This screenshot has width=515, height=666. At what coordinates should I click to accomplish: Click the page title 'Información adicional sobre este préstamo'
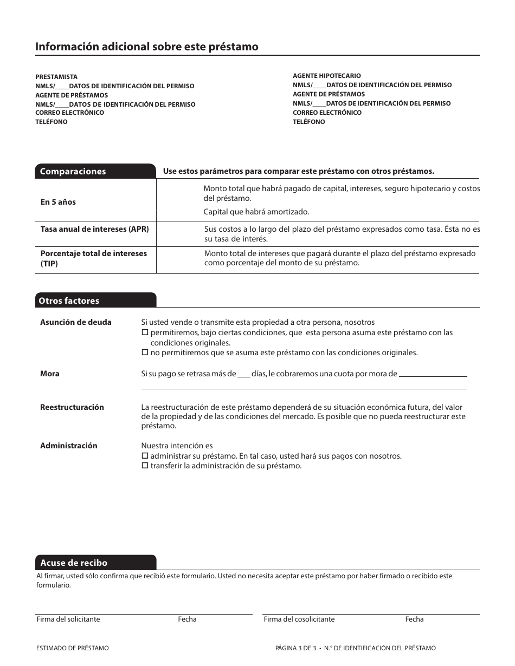pyautogui.click(x=146, y=47)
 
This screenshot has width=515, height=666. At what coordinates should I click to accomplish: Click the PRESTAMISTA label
pyautogui.click(x=56, y=77)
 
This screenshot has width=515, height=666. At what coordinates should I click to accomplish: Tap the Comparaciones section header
pyautogui.click(x=73, y=172)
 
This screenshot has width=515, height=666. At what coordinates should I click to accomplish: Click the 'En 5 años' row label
pyautogui.click(x=58, y=202)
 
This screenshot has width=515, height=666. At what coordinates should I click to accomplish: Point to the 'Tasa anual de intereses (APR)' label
pyautogui.click(x=94, y=229)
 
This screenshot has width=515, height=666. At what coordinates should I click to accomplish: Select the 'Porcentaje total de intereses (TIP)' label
pyautogui.click(x=93, y=258)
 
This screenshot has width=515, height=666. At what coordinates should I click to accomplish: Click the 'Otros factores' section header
pyautogui.click(x=69, y=301)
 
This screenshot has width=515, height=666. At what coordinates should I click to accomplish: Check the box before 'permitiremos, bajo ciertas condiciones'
pyautogui.click(x=145, y=332)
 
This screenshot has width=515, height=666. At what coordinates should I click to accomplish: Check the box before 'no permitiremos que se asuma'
pyautogui.click(x=145, y=352)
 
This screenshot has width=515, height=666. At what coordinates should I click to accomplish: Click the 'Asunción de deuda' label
pyautogui.click(x=75, y=322)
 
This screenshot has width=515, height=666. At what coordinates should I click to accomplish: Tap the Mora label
pyautogui.click(x=50, y=374)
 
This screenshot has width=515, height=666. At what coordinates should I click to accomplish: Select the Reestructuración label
pyautogui.click(x=72, y=407)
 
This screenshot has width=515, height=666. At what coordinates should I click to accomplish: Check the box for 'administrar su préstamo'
pyautogui.click(x=145, y=456)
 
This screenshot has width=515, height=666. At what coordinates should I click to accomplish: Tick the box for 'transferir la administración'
pyautogui.click(x=145, y=466)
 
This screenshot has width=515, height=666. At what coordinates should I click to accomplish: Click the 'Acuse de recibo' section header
pyautogui.click(x=74, y=563)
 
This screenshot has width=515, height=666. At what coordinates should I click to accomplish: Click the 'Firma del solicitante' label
pyautogui.click(x=68, y=619)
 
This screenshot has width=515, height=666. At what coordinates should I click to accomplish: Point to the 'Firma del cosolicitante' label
pyautogui.click(x=299, y=619)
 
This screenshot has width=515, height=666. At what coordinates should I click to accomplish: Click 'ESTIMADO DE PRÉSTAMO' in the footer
pyautogui.click(x=72, y=648)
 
